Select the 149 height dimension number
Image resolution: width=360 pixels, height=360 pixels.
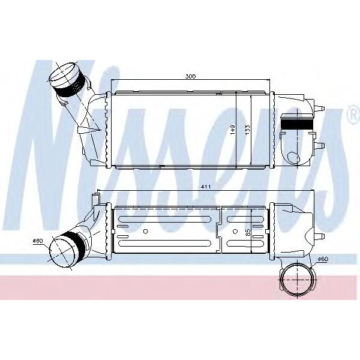(x=232, y=130)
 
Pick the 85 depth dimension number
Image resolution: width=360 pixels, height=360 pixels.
(x=247, y=232)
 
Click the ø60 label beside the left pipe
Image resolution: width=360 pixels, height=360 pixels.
(x=39, y=241)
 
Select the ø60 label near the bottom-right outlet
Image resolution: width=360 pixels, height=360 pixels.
(x=322, y=259)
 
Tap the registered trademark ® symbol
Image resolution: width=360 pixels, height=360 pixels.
(x=352, y=114)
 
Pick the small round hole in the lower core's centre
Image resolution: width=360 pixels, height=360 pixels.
(x=147, y=231)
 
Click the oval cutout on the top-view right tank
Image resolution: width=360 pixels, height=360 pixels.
(x=294, y=157)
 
